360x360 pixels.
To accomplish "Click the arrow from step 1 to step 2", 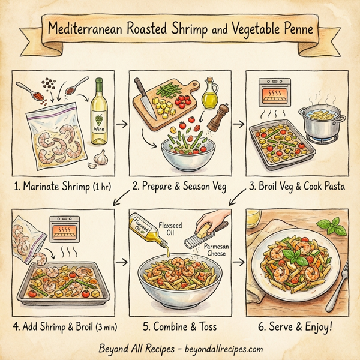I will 121,124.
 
